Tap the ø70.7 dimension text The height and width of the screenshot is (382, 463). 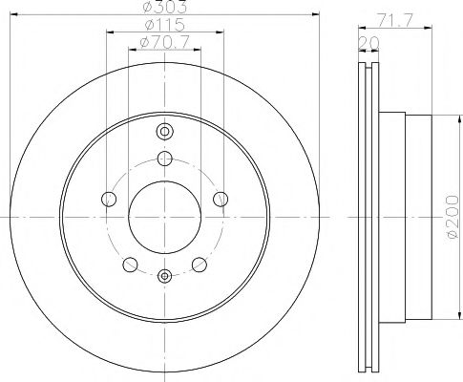pyautogui.click(x=163, y=42)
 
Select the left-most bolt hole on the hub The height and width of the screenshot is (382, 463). pyautogui.click(x=108, y=199)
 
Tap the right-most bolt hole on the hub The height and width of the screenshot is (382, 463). pyautogui.click(x=221, y=199)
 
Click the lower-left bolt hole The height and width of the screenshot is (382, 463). pyautogui.click(x=130, y=265)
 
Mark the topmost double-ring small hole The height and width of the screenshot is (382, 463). pyautogui.click(x=164, y=131)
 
